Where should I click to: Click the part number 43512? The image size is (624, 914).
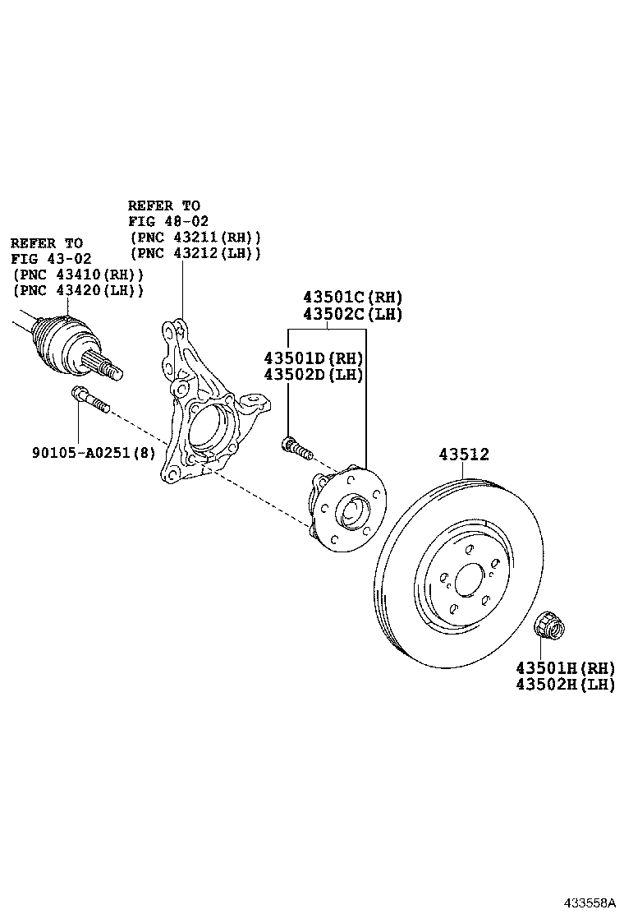(463, 454)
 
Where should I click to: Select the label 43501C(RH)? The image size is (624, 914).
(353, 298)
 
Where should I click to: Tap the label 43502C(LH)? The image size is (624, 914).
(353, 314)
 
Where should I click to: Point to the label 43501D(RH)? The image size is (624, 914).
(314, 358)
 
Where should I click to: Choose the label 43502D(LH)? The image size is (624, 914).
(314, 375)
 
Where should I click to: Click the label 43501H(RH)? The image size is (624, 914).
(565, 667)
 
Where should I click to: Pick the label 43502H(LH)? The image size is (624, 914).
(565, 684)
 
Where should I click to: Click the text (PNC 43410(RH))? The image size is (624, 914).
(78, 275)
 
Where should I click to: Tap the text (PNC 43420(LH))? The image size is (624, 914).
(78, 290)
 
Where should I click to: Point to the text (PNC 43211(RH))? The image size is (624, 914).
(195, 237)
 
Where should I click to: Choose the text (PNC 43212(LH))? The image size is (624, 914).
(195, 252)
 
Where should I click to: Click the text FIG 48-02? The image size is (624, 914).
(168, 221)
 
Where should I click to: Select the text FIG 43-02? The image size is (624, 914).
(51, 259)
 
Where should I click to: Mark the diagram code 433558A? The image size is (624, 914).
(590, 902)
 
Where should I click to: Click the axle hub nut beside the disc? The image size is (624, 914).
(548, 626)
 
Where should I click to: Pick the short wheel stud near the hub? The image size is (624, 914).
(296, 448)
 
